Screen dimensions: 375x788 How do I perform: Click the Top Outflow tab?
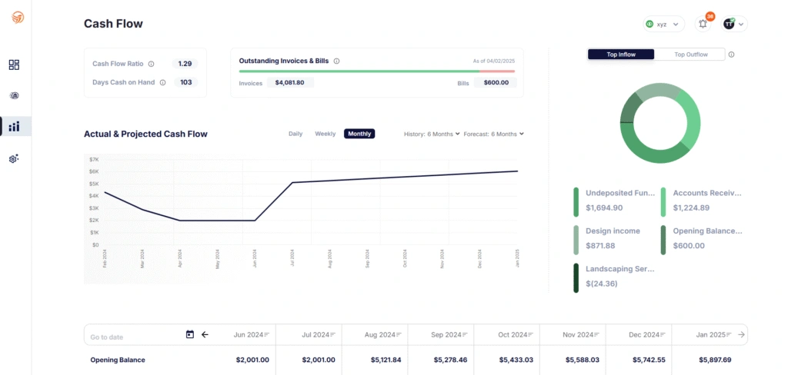coord(690,55)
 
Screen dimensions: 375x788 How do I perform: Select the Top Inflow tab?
coord(621,55)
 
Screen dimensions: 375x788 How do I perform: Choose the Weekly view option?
coord(325,134)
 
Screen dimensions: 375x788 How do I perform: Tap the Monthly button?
coord(359,134)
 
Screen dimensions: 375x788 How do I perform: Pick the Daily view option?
coord(295,134)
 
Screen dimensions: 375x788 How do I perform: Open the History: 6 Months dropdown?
coord(432,134)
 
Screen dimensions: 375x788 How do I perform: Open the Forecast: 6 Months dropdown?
coord(493,134)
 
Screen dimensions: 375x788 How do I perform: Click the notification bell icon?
coord(703,24)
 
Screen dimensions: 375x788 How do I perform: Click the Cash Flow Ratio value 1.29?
coord(185,64)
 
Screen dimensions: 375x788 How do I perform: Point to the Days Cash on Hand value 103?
coord(185,82)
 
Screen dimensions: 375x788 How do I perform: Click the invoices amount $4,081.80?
coord(289,83)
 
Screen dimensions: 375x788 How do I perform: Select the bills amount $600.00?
coord(495,83)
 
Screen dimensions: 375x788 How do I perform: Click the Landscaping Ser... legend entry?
coord(619,270)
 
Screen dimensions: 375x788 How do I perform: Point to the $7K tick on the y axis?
coord(94,159)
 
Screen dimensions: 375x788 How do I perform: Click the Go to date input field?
coord(131,335)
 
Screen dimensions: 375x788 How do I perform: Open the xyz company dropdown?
coord(663,24)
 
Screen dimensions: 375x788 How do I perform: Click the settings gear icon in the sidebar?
coord(14,158)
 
